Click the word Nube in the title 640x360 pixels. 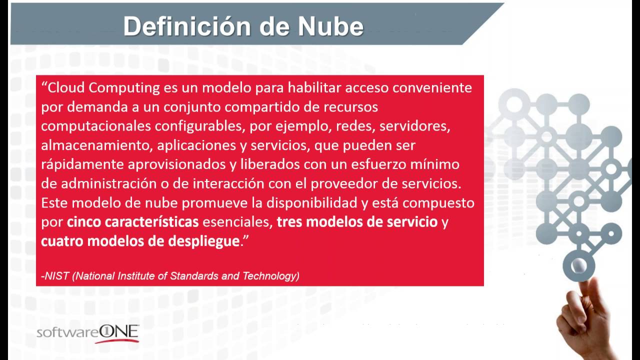click(x=330, y=26)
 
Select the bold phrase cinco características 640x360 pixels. click(x=133, y=222)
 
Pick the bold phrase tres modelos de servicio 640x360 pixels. click(x=357, y=222)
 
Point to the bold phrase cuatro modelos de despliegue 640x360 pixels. click(x=140, y=241)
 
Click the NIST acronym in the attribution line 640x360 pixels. click(x=57, y=276)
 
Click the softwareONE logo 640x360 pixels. click(x=88, y=333)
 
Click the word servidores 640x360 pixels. click(x=414, y=126)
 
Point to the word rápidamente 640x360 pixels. click(x=82, y=164)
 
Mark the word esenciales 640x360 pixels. click(x=237, y=222)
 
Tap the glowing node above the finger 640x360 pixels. click(x=578, y=265)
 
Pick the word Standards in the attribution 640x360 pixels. click(x=199, y=276)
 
